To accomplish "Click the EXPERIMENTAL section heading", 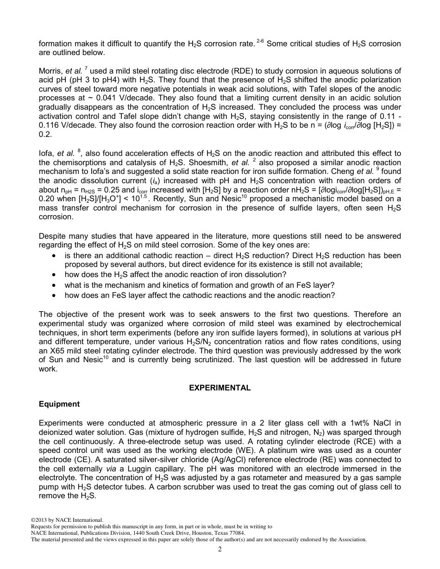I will [x=220, y=388].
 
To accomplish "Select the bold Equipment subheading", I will [x=59, y=404].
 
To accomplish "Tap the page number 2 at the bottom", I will [x=220, y=549].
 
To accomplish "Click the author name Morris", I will [x=50, y=71].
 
